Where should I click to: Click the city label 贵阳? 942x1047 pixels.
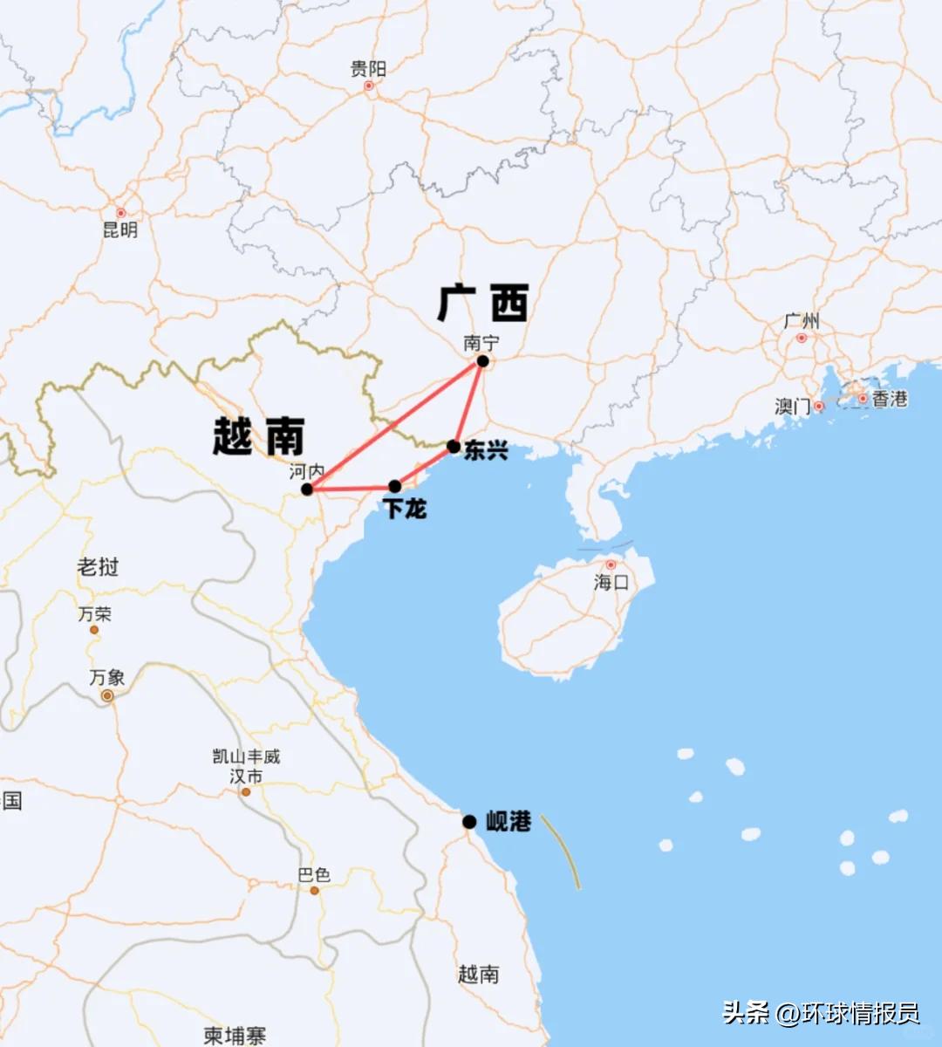(x=368, y=69)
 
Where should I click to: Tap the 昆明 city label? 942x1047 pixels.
(x=120, y=230)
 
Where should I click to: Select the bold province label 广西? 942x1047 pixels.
(x=483, y=303)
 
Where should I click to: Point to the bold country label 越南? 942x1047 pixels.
(x=259, y=435)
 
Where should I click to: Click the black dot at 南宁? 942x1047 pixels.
(x=482, y=361)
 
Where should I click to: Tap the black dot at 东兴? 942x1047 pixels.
(x=454, y=447)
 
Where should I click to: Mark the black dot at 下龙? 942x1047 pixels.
(x=395, y=486)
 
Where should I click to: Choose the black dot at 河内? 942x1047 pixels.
(x=307, y=489)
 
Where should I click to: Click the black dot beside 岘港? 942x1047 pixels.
(x=469, y=822)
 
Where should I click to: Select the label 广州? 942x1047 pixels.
(x=801, y=322)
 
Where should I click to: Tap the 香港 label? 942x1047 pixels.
(x=890, y=399)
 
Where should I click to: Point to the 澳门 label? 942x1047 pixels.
(x=792, y=407)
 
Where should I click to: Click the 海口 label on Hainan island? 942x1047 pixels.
(x=611, y=582)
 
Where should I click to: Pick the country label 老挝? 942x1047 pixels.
(x=98, y=567)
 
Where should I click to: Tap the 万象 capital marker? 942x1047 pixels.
(x=107, y=695)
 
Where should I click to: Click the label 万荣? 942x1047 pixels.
(x=94, y=614)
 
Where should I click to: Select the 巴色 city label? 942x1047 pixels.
(x=314, y=874)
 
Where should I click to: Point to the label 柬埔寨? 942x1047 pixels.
(x=235, y=1036)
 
